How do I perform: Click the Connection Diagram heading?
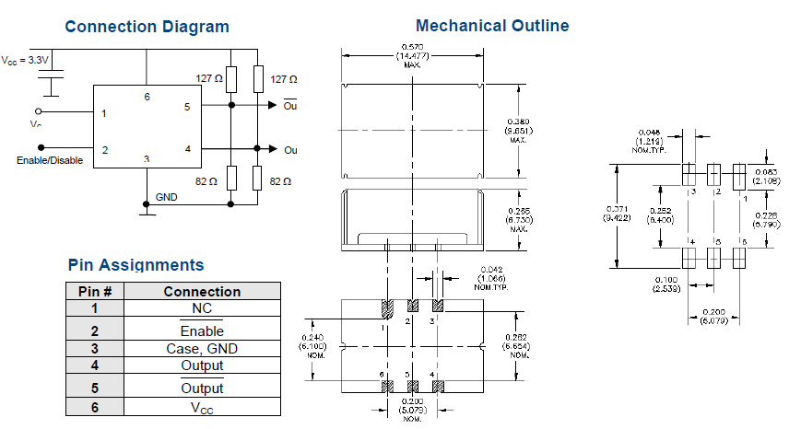(x=147, y=27)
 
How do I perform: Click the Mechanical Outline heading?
(x=492, y=26)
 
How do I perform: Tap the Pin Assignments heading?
(x=135, y=265)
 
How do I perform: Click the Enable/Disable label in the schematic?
(x=50, y=160)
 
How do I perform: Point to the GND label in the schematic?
(x=167, y=197)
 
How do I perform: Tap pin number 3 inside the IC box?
(x=146, y=159)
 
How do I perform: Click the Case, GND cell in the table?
(x=201, y=348)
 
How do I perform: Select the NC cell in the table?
(x=201, y=307)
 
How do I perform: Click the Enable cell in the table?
(x=201, y=330)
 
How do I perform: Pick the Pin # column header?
(x=94, y=291)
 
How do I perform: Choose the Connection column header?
(x=201, y=291)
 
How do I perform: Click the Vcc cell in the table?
(x=201, y=406)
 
